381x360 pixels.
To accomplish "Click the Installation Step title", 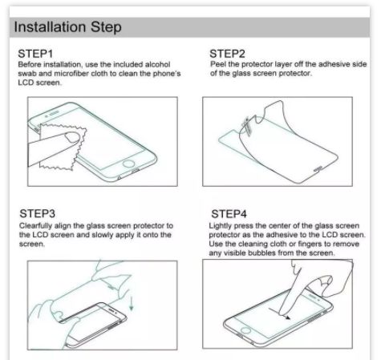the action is tap(67, 27).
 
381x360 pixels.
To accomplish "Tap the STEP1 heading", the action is tap(35, 54).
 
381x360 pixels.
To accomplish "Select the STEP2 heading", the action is tap(227, 54).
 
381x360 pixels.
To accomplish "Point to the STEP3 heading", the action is tap(37, 213).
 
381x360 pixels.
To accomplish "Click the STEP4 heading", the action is tap(229, 214).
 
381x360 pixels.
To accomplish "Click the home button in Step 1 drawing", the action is tap(128, 164).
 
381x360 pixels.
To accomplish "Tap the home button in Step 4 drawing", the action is tap(246, 330).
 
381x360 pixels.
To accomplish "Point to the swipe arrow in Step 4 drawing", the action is tap(279, 313).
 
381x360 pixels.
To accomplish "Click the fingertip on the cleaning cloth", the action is tap(73, 137).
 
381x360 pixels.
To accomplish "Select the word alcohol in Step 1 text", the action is tap(157, 64).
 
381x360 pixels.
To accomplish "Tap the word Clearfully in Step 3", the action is tap(35, 226).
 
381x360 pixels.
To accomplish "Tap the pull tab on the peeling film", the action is tap(246, 126).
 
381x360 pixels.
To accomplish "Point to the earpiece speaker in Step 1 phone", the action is tap(54, 114).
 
